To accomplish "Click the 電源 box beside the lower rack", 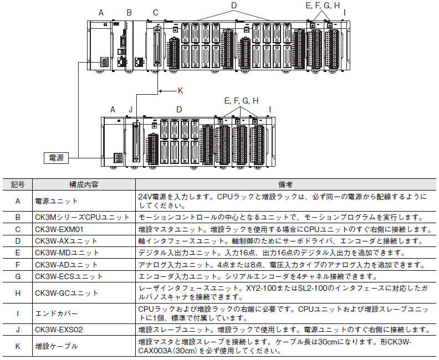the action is coord(57,158).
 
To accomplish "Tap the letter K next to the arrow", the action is coord(180,91).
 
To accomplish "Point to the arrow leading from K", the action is coord(168,91).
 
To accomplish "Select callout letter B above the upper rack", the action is coord(129,13).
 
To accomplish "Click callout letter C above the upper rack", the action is coord(156,13).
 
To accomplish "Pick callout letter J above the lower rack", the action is coord(130,110).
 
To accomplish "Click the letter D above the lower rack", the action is coord(179,110).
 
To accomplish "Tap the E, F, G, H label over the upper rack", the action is coord(323,6).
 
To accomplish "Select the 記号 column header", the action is coord(18,184).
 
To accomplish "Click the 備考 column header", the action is coord(285,184).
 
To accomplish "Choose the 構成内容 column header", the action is coord(84,184).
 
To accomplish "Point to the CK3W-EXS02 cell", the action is coord(59,330).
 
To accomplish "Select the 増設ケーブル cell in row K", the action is coord(57,346).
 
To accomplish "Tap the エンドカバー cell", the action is coord(57,313).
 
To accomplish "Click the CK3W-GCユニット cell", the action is coord(67,293).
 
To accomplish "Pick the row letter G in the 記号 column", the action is coord(18,276).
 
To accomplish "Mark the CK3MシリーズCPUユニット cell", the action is coord(82,217).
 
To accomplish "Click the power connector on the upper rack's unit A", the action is coord(104,62).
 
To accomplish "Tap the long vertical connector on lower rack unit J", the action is coord(136,142).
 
